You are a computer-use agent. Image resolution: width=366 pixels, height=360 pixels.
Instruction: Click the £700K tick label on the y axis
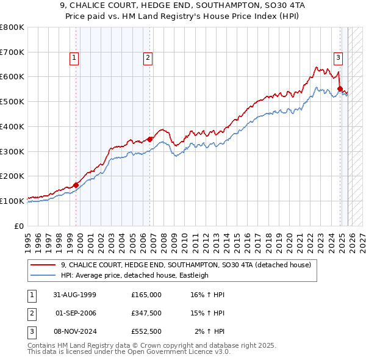(x=12, y=52)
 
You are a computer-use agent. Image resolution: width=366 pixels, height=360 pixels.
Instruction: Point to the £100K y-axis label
(x=12, y=200)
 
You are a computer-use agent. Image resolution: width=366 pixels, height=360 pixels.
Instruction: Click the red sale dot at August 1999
(x=76, y=185)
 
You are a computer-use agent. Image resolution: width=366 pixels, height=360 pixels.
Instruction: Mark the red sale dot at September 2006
(x=150, y=139)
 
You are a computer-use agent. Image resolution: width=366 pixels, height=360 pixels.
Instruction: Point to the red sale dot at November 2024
(x=340, y=88)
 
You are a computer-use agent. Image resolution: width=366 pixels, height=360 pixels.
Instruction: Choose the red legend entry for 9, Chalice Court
(x=185, y=265)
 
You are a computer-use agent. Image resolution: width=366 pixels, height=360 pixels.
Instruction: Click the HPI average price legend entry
(x=134, y=275)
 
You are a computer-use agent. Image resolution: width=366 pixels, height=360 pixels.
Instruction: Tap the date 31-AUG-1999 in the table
(x=74, y=295)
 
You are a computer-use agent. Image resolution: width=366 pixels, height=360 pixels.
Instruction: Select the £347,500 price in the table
(x=146, y=313)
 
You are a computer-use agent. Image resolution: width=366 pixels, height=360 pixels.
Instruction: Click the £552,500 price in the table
(x=146, y=331)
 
